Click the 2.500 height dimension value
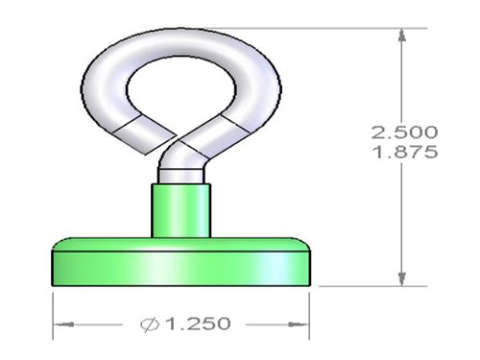(404, 132)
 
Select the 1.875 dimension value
(405, 152)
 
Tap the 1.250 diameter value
(199, 324)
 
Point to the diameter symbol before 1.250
(150, 324)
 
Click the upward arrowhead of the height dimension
(402, 35)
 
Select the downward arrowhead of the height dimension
(402, 279)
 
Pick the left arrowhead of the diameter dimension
(63, 324)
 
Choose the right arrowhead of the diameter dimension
(299, 324)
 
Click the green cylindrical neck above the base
(180, 211)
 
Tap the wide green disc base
(180, 262)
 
